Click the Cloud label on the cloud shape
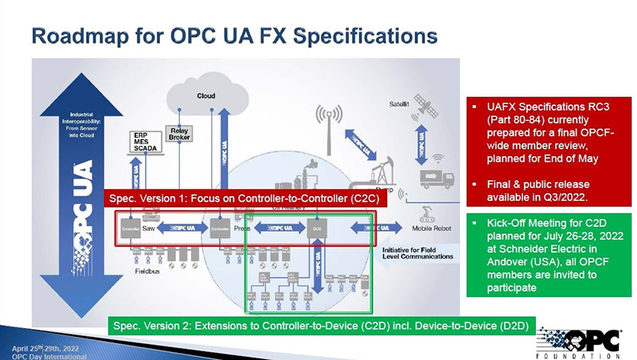pyautogui.click(x=206, y=96)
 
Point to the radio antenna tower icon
pyautogui.click(x=329, y=123)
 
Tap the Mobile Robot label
pyautogui.click(x=432, y=228)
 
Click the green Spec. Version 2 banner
pyautogui.click(x=322, y=325)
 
